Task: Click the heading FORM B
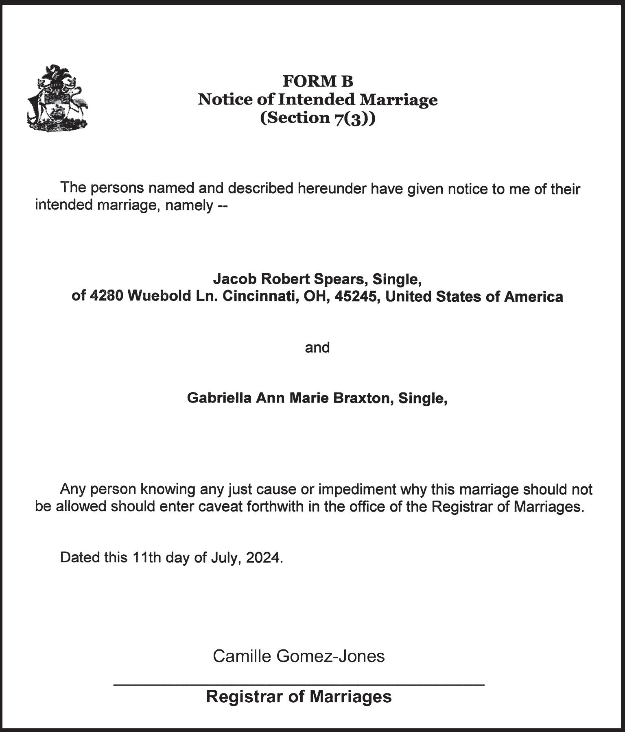coord(318,81)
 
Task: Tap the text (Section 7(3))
coord(318,118)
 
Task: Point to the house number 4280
coord(106,296)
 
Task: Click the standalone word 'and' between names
coord(317,348)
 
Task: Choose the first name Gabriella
coord(219,398)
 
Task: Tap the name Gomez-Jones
coord(330,656)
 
